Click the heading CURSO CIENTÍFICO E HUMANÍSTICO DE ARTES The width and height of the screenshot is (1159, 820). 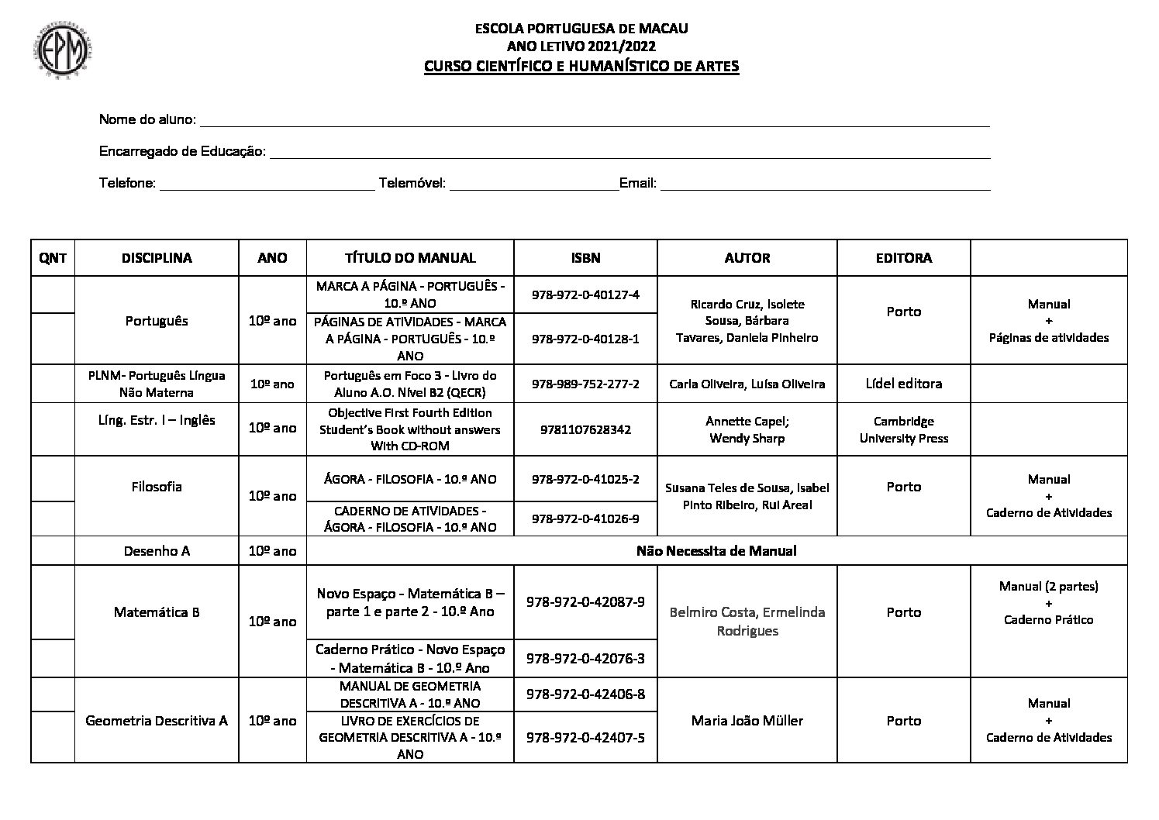(581, 66)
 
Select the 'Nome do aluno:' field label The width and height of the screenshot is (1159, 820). (147, 120)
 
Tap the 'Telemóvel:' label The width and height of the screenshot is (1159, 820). (412, 184)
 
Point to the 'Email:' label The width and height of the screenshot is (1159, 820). (638, 184)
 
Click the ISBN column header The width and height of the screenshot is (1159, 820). (585, 258)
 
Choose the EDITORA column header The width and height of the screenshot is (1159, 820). (903, 258)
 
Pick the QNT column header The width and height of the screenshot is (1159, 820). (53, 258)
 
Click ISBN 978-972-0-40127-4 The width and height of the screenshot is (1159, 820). (585, 295)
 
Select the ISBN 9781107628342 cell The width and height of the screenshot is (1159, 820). (585, 429)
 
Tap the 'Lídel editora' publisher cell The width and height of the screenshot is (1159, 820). (903, 384)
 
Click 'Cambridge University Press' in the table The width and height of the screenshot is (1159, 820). (903, 429)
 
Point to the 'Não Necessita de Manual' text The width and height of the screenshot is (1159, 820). (716, 551)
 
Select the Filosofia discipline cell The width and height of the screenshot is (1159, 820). (157, 487)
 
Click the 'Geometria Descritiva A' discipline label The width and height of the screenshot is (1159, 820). (157, 721)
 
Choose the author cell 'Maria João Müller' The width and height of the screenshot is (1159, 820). (747, 721)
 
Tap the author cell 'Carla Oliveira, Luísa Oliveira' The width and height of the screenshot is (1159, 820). (747, 384)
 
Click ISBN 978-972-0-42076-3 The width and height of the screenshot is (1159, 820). (585, 659)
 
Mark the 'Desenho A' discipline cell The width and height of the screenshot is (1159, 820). (157, 551)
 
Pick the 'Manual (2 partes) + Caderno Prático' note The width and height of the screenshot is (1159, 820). (1048, 603)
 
